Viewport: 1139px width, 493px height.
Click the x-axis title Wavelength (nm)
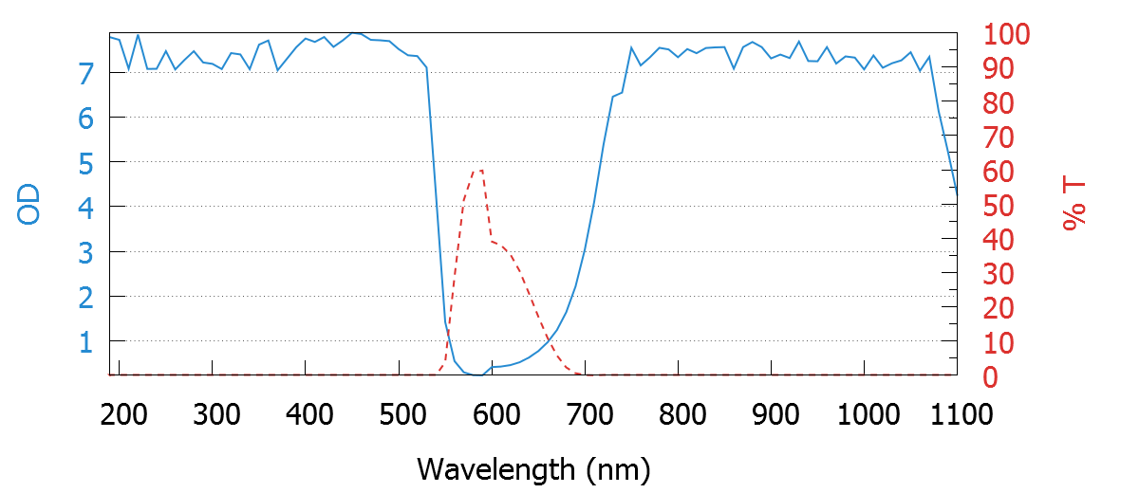coord(532,468)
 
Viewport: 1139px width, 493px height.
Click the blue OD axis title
coord(29,206)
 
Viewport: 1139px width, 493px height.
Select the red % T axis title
coord(1074,206)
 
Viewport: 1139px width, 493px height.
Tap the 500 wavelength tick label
coord(399,414)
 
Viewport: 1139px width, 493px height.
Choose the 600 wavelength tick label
coord(492,414)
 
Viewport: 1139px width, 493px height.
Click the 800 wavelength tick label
coord(679,414)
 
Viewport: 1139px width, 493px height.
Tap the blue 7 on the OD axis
coord(85,73)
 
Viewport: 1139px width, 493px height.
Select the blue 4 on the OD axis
coord(85,207)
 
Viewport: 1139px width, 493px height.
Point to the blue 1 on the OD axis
coord(85,341)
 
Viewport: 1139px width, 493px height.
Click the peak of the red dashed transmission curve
coord(478,171)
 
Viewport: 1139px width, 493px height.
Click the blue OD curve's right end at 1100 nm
coord(956,193)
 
